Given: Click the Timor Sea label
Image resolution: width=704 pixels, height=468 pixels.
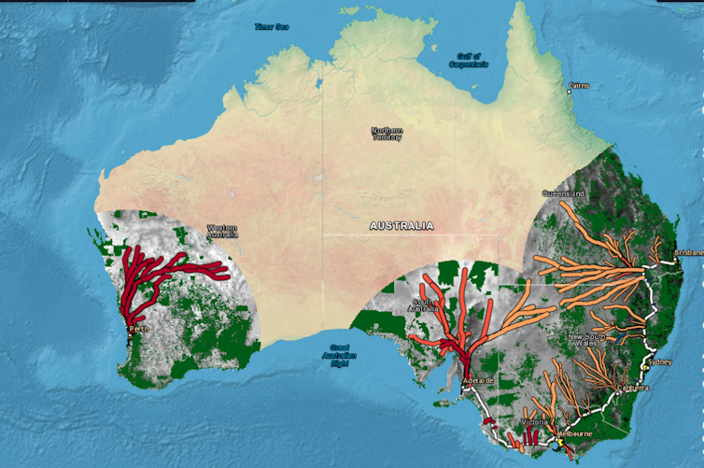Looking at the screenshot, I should [x=271, y=27].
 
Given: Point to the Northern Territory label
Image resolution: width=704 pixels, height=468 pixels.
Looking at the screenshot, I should [x=387, y=134].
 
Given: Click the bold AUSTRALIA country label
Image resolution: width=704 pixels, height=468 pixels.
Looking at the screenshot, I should [x=401, y=226].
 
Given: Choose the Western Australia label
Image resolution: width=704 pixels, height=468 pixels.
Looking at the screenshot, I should [x=222, y=231].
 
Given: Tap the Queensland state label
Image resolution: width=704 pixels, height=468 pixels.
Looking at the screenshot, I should [x=563, y=193].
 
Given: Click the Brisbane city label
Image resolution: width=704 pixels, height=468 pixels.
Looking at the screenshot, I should [x=690, y=252].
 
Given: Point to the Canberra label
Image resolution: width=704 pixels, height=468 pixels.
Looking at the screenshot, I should [x=632, y=387].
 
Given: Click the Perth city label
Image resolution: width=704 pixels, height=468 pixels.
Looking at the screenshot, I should [x=137, y=330].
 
